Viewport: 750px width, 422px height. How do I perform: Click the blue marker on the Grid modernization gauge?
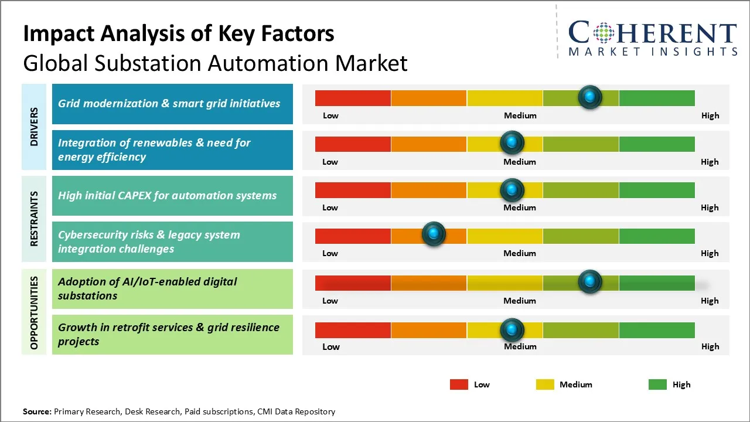tap(589, 97)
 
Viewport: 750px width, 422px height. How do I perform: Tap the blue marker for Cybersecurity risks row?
tap(434, 234)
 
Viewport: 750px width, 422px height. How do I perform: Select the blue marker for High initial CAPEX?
tap(512, 190)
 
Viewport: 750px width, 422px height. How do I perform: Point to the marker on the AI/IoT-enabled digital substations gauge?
tap(589, 282)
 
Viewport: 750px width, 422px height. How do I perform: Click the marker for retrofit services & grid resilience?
tap(512, 330)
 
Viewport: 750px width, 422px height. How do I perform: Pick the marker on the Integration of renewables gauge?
tap(512, 142)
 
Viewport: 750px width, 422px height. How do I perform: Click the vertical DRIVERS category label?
tap(35, 127)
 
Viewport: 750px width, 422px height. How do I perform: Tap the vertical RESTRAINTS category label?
tap(35, 219)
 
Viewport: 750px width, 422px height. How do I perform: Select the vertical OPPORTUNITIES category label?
tap(35, 312)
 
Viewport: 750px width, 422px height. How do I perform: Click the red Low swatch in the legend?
tap(459, 384)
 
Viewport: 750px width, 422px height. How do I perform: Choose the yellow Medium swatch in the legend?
tap(545, 384)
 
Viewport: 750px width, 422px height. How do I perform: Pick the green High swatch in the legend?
tap(657, 384)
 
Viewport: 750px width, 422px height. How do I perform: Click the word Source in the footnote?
tap(37, 411)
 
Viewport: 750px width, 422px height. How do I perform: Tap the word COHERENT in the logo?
tap(653, 33)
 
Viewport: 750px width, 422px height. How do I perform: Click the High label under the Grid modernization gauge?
tap(710, 115)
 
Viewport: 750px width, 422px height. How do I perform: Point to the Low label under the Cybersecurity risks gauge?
tap(330, 253)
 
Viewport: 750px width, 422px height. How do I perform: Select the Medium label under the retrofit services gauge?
tap(520, 346)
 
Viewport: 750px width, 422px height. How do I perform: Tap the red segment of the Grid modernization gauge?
tap(353, 98)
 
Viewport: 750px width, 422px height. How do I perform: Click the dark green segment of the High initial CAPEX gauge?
tap(656, 190)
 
